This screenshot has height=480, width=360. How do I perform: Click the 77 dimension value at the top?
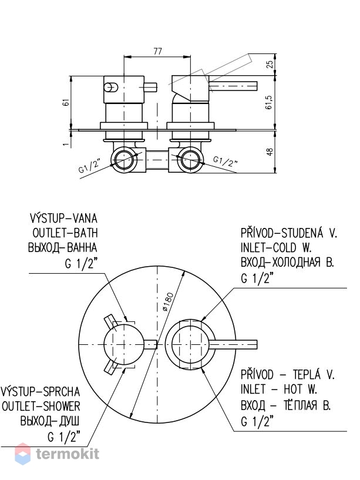[x=157, y=51]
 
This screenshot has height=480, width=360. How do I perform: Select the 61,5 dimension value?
[x=269, y=102]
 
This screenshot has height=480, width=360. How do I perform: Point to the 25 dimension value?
[x=270, y=64]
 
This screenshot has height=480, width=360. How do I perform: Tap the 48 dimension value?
[x=270, y=152]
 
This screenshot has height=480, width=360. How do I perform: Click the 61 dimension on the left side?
[x=66, y=102]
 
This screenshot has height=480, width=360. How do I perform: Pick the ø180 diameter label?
[x=168, y=302]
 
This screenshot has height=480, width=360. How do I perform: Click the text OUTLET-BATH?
[x=65, y=233]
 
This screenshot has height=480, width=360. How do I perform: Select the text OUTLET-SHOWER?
[x=41, y=406]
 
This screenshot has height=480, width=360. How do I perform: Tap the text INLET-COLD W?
[x=276, y=248]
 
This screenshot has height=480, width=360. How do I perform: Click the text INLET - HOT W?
[x=278, y=390]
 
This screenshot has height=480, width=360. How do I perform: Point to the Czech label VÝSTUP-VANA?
[x=63, y=219]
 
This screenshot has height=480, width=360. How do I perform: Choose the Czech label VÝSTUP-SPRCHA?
[x=41, y=391]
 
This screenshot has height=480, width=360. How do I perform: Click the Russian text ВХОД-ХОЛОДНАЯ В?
[x=287, y=263]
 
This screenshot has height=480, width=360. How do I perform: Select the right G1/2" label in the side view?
[x=226, y=161]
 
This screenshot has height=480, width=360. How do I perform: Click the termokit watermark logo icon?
[x=23, y=454]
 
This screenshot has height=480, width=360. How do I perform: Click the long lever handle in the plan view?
[x=233, y=345]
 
